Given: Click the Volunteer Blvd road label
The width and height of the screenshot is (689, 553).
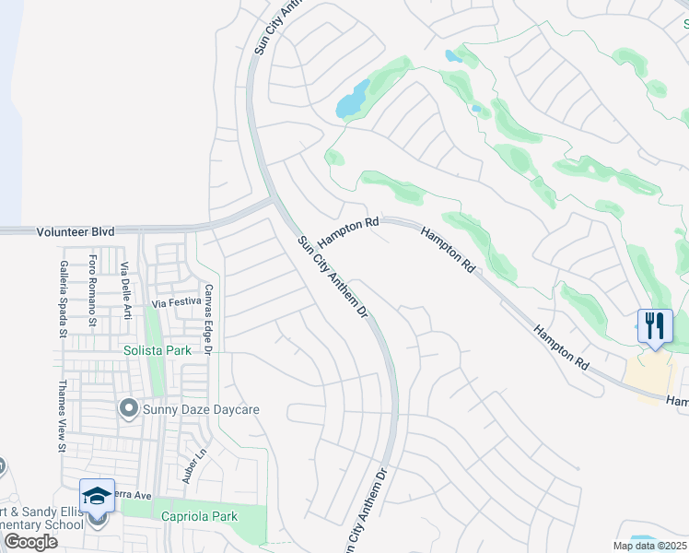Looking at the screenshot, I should point(76,232).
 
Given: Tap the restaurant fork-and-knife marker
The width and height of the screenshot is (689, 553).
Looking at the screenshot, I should point(655,326).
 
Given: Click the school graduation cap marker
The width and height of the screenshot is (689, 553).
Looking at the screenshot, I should point(97,496).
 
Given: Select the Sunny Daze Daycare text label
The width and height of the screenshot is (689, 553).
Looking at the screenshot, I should point(202,409).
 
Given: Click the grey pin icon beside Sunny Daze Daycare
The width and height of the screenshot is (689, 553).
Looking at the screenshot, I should point(129,407).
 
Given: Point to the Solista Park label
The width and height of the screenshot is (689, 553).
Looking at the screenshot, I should point(158,350).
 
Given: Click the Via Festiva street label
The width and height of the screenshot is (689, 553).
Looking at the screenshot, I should point(176,302).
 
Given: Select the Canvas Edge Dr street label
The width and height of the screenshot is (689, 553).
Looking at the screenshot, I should point(209,320).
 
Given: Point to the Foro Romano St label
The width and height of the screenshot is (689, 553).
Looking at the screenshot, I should point(92,291).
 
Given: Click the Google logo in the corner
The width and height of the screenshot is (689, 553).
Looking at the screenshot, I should point(30,542).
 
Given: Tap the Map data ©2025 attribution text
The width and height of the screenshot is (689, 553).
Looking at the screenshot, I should point(648,546).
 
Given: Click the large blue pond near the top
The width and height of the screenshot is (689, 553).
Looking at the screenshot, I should point(352,99).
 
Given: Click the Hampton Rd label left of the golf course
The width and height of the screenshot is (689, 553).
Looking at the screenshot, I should point(347,231).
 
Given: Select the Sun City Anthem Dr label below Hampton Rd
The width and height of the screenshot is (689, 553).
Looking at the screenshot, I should point(333,277).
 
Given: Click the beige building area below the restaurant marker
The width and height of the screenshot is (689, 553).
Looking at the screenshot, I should point(649,376).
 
